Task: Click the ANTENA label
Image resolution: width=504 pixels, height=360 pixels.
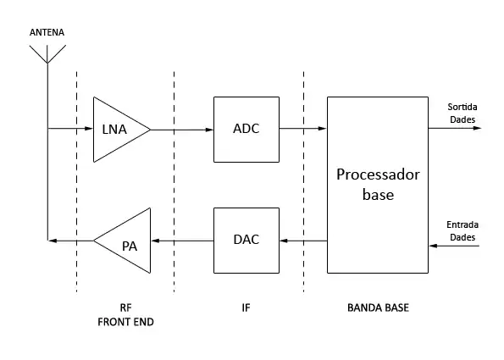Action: (47, 32)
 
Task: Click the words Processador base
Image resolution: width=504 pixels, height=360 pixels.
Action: (378, 185)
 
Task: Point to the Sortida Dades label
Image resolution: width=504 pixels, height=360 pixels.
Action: (462, 114)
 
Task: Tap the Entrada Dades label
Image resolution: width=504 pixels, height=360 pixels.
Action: (462, 230)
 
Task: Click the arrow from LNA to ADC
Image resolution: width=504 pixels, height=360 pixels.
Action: (182, 130)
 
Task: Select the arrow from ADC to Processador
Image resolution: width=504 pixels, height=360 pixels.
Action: (303, 129)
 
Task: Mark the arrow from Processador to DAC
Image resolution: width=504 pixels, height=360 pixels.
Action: (303, 241)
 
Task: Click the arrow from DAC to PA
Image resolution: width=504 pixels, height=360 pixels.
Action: (182, 241)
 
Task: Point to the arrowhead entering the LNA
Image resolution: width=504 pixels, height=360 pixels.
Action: (89, 129)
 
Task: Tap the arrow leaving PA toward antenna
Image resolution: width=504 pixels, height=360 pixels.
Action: (70, 241)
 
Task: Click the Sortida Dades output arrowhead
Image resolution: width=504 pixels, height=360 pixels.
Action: (477, 128)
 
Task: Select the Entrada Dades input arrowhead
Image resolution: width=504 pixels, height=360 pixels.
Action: (434, 246)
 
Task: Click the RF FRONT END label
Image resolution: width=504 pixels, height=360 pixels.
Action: (125, 314)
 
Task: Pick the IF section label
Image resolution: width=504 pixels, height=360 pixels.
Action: (246, 308)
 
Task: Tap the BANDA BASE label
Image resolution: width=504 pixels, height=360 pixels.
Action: (378, 308)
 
